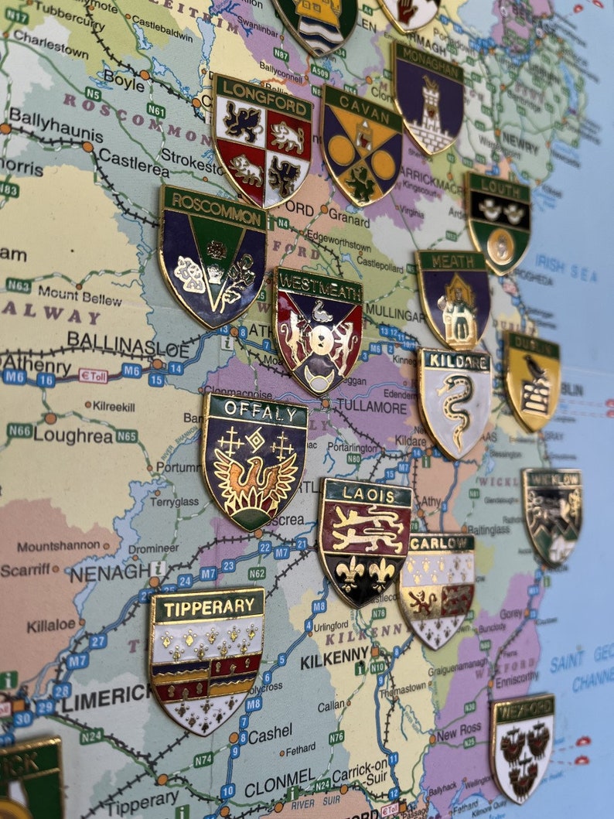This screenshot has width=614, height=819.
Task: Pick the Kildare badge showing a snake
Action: pos(455,401)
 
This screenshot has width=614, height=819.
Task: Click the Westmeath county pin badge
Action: pos(318,329)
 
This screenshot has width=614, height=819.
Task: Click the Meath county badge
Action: pos(453,298)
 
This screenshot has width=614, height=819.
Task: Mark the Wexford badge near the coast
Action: pos(522,746)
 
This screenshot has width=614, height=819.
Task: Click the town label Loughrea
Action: pos(73,435)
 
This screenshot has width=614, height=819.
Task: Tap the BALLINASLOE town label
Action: pos(128,341)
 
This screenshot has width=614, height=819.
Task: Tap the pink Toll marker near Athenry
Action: pos(93,376)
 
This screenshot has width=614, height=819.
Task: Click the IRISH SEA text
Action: pos(567,268)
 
